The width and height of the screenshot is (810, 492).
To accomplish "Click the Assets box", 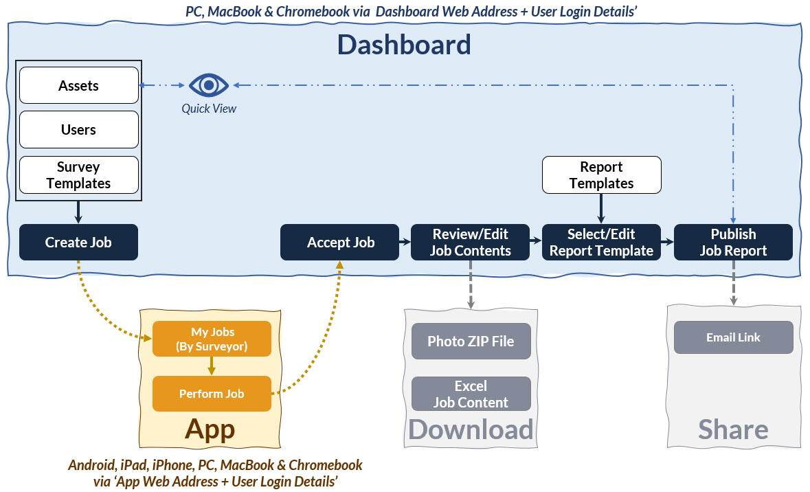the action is (x=79, y=85).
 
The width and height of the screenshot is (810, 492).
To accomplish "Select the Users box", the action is (x=79, y=130).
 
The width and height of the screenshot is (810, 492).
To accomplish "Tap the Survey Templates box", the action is (x=79, y=175).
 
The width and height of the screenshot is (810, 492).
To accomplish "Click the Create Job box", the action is (x=78, y=242).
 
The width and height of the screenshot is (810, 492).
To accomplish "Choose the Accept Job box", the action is (x=340, y=242).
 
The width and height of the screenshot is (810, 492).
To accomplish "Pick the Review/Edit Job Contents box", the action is (x=470, y=242).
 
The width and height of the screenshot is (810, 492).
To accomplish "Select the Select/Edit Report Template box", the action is (x=601, y=242).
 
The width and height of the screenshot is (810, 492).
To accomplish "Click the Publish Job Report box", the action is (x=733, y=242).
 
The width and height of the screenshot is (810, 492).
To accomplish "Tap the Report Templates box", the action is (x=602, y=175).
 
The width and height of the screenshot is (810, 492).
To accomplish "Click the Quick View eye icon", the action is (x=209, y=85).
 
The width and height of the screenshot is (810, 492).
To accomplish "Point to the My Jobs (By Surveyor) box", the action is (x=212, y=339).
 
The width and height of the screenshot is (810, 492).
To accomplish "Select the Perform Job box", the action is (x=212, y=394).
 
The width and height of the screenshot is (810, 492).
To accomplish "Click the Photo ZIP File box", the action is (x=471, y=341).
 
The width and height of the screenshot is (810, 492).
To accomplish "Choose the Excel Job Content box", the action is (x=471, y=394).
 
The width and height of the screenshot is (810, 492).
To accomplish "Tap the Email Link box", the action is (x=734, y=337).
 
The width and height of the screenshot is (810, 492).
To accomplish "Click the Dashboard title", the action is (x=404, y=45).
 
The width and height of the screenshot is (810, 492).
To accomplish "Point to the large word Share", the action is (x=734, y=429).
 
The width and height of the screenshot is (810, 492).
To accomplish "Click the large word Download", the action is (x=471, y=429).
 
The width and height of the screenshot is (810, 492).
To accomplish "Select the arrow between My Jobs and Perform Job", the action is (x=212, y=366).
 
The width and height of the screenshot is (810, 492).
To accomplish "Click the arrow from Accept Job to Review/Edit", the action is (x=405, y=241).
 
